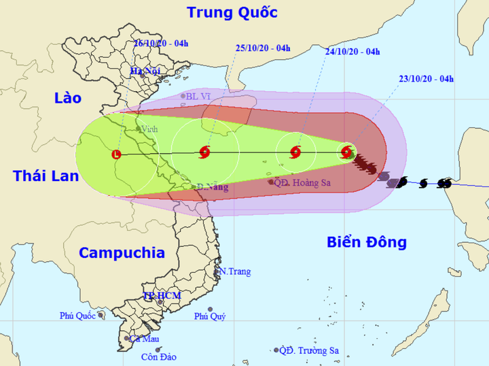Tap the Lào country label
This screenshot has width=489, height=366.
pyautogui.click(x=67, y=97)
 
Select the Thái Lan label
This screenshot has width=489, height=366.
pyautogui.click(x=46, y=176)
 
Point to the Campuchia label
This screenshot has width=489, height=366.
pyautogui.click(x=122, y=252)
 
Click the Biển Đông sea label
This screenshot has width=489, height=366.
pyautogui.click(x=366, y=242)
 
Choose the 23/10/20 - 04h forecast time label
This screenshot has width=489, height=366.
pyautogui.click(x=427, y=79)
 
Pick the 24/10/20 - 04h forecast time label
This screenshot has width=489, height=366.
pyautogui.click(x=352, y=52)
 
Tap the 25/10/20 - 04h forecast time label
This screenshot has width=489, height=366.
pyautogui.click(x=263, y=48)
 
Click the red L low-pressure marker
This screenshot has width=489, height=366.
pyautogui.click(x=116, y=155)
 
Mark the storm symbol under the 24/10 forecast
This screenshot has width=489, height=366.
pyautogui.click(x=295, y=152)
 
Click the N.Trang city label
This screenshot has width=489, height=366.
pyautogui.click(x=234, y=271)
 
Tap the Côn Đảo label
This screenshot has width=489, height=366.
pyautogui.click(x=159, y=356)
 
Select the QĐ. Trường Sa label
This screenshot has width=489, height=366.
pyautogui.click(x=310, y=350)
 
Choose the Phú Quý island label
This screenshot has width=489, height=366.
pyautogui.click(x=210, y=316)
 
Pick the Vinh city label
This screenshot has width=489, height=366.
pyautogui.click(x=151, y=129)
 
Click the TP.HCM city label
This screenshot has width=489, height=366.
pyautogui.click(x=160, y=297)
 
